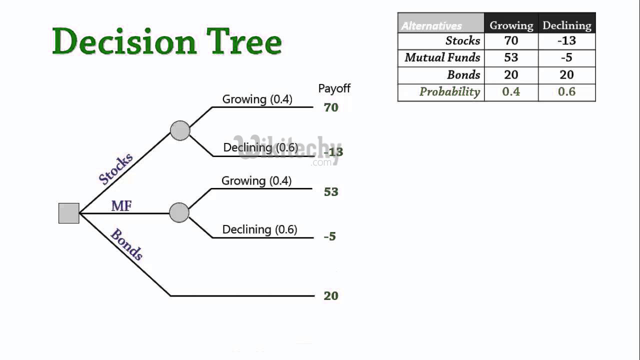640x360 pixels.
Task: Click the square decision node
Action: pos(69,213)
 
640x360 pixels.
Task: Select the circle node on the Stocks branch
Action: pos(180,130)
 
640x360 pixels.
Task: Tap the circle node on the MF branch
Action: pos(179,212)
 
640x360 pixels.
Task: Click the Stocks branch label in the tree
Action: pos(116,169)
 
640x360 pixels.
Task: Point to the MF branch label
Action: pos(121,205)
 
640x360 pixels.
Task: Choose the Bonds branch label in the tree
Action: pos(126,244)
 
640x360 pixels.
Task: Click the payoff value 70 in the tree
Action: pos(331,107)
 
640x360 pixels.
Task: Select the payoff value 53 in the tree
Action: pos(331,192)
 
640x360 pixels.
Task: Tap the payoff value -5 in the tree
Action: pos(330,236)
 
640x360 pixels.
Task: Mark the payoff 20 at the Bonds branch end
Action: pos(331,296)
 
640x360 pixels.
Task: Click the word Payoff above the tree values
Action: pos(334,89)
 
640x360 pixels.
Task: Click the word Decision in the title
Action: pos(124,41)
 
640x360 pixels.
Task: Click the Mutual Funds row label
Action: pos(442,58)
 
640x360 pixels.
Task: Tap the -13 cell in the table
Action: pos(567,41)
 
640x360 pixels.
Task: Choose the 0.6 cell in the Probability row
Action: pos(567,92)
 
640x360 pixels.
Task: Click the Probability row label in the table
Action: pos(449,92)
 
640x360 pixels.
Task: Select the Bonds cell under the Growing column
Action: pos(511,75)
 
